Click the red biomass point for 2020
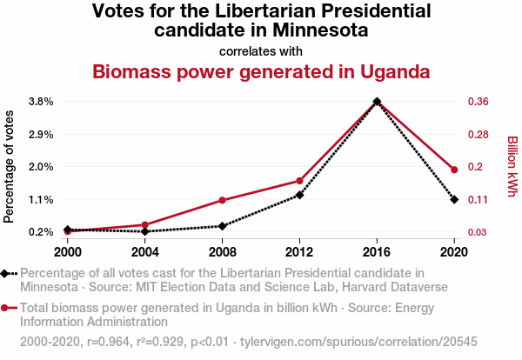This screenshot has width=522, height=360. tap(454, 170)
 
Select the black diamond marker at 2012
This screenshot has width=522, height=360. tap(299, 195)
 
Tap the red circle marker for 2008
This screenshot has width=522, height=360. tap(222, 201)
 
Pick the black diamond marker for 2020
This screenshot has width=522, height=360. tap(454, 200)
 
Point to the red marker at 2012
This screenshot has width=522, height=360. tap(299, 181)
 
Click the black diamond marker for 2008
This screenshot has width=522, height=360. tap(222, 226)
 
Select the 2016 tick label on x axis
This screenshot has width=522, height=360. tap(377, 252)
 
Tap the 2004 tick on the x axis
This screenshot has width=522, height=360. tap(144, 252)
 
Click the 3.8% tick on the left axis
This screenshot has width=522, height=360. tap(41, 102)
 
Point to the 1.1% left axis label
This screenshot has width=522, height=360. tap(41, 199)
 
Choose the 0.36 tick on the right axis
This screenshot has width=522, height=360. tap(483, 102)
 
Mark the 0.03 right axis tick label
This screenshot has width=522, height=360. tap(483, 232)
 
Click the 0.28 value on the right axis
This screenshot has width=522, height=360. tap(483, 135)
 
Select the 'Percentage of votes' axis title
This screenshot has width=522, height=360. tap(10, 166)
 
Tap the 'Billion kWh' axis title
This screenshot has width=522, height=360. tap(512, 166)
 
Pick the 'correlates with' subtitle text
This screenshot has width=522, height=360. tap(261, 50)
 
